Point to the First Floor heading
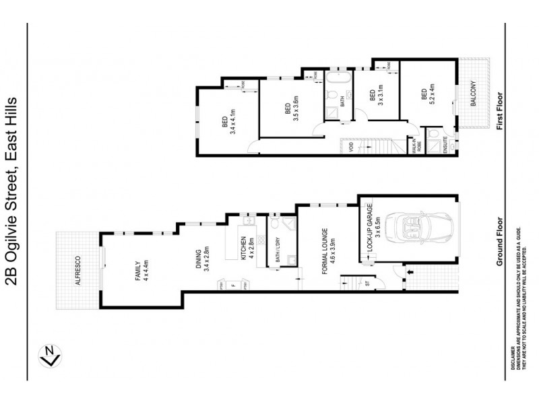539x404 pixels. [x=500, y=112]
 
